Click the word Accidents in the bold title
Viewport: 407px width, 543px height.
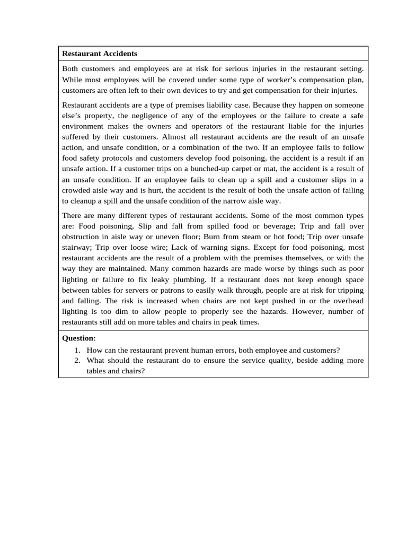point(119,54)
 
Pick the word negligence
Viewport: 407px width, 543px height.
point(168,116)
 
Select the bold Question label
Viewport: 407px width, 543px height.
point(77,338)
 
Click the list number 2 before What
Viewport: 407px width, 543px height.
point(77,361)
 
